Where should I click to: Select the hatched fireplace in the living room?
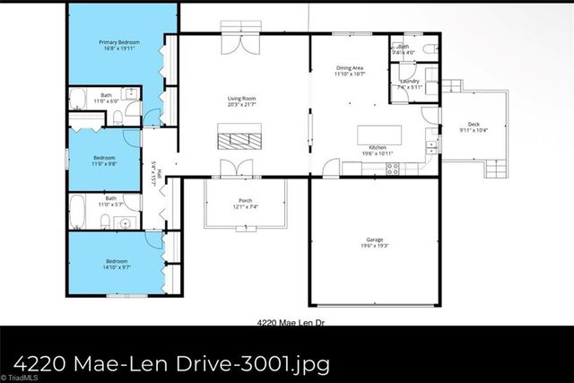(x=239, y=139)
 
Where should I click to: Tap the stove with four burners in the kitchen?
(x=393, y=168)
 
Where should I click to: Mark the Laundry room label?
(x=409, y=81)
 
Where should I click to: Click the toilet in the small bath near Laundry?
(x=429, y=48)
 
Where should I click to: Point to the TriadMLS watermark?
(x=20, y=377)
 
